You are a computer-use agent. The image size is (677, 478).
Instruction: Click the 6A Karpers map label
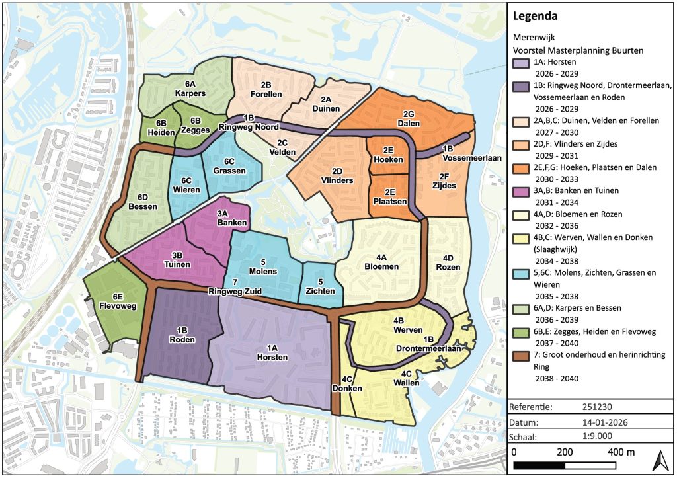coord(190,89)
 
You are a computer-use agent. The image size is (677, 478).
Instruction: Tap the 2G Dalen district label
coord(408,118)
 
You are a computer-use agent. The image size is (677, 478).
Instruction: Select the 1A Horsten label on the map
coord(272,352)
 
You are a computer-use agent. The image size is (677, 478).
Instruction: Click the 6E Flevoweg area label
coord(115,301)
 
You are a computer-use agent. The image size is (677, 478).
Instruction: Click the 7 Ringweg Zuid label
coord(218,288)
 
